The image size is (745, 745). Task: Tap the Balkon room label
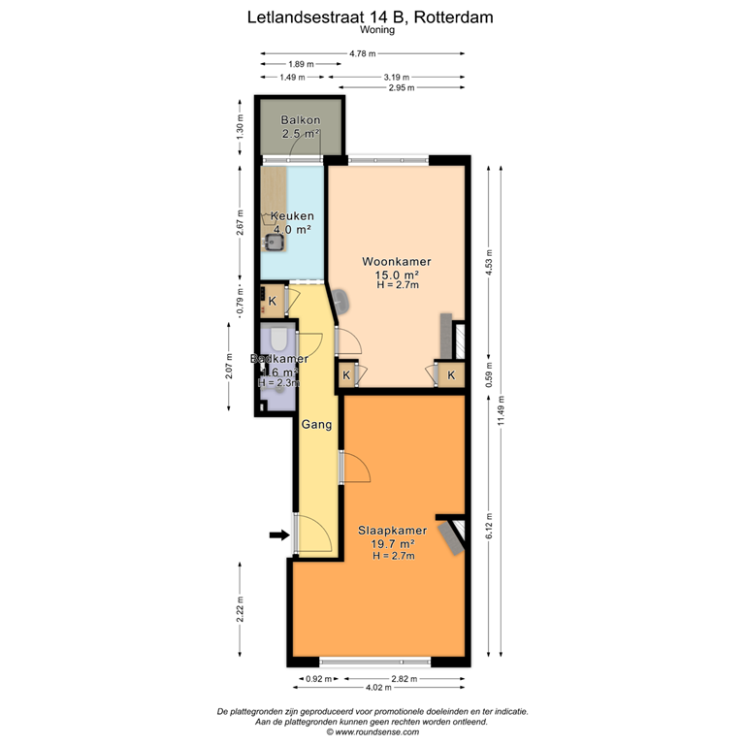point(300,120)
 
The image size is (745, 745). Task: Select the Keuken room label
point(291,215)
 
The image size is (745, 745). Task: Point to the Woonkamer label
point(396,262)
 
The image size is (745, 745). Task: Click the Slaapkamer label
point(393,531)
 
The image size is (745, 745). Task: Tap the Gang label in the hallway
point(317,425)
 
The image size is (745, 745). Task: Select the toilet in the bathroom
point(278,340)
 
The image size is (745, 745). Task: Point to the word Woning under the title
point(372,30)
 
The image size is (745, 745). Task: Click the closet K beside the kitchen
point(273,301)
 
